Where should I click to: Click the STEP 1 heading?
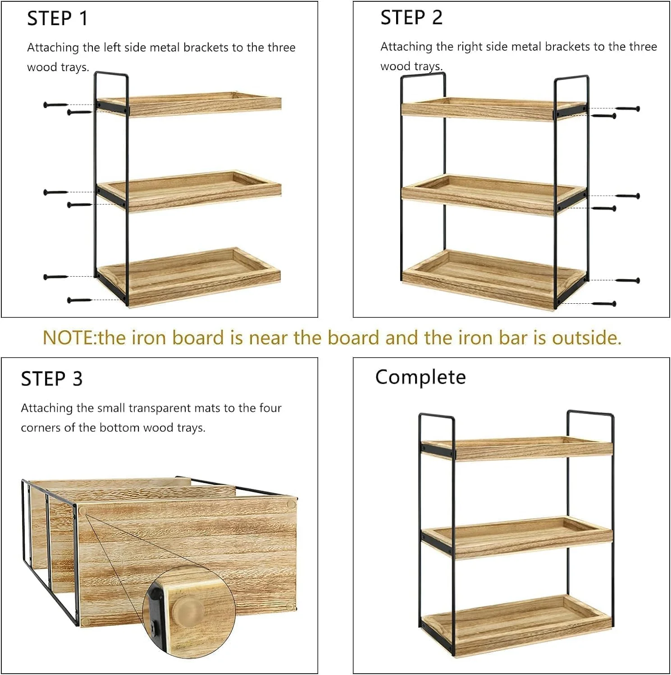(57, 18)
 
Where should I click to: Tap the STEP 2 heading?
(411, 18)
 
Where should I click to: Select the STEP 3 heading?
(52, 379)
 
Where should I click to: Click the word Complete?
(420, 377)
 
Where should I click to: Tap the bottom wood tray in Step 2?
(494, 278)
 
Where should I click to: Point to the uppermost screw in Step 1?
(55, 105)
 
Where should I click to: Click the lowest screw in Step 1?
(79, 300)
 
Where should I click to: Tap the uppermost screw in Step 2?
(628, 108)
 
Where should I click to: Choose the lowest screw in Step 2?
(604, 304)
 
